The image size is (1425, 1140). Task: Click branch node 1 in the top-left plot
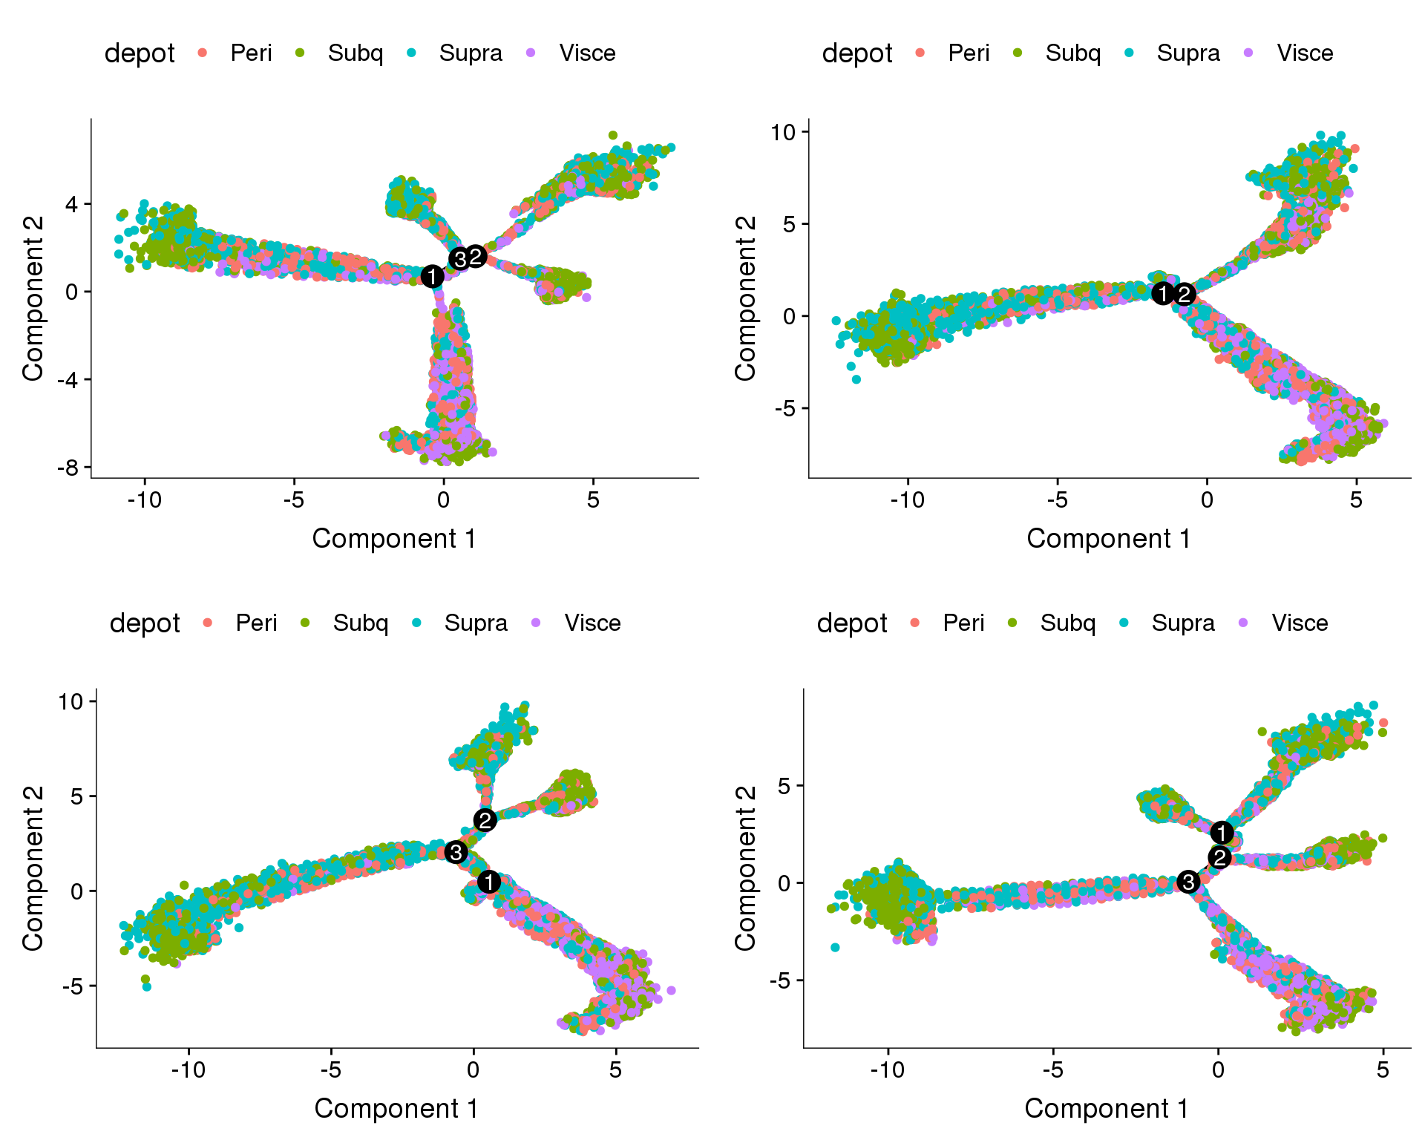tap(432, 277)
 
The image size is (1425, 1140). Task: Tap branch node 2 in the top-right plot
tap(1185, 295)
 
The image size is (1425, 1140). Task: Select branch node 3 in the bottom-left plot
tap(456, 852)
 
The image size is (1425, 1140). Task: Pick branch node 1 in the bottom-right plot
tap(1222, 833)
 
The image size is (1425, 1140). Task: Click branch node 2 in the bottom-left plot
tap(485, 820)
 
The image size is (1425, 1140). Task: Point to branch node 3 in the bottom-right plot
tap(1188, 882)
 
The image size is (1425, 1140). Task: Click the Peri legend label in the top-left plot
tap(251, 53)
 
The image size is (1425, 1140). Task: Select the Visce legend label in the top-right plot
tap(1305, 53)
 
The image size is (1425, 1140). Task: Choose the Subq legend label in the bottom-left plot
tap(360, 623)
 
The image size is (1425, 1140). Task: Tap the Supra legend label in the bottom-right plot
tap(1183, 623)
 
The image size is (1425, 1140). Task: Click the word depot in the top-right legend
tap(857, 53)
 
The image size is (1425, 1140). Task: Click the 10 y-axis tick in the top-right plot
tap(783, 132)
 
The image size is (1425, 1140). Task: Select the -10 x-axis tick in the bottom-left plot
tap(189, 1070)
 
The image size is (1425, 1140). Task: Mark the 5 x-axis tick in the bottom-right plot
tap(1382, 1070)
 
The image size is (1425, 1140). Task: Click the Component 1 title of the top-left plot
tap(394, 539)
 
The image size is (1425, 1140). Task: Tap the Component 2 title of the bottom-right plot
tap(745, 868)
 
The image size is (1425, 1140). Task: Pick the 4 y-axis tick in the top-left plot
tap(72, 204)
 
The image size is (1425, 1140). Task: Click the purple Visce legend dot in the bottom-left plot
tap(536, 623)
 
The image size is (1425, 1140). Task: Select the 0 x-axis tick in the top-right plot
tap(1207, 500)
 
